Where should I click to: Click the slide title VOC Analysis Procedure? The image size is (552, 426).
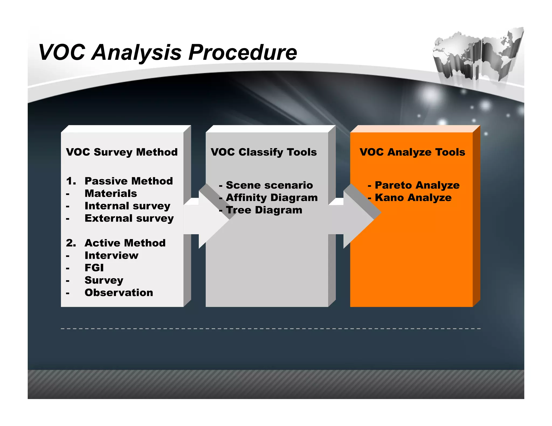coord(168,52)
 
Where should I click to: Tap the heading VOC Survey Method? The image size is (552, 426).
coord(122,152)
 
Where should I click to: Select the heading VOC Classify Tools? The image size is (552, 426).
coord(264,152)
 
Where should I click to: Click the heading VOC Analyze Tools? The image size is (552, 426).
coord(412,152)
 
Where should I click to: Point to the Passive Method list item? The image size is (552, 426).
coord(128,181)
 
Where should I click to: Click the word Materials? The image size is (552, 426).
coord(111,193)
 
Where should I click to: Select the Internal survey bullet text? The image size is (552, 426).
coord(127,206)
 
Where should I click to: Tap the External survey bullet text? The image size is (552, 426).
coord(129,218)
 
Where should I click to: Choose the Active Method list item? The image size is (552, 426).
coord(125,243)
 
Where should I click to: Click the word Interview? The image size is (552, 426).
coord(111,255)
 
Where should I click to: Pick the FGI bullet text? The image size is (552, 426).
coord(94,268)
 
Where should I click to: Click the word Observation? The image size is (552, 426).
coord(119,292)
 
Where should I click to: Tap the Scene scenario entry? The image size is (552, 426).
coord(269,185)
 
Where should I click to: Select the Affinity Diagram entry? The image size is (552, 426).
coord(271,198)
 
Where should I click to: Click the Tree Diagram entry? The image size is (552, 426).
coord(264,210)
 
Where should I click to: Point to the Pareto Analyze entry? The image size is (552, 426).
coord(417,185)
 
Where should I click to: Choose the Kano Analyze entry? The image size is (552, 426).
coord(413,198)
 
